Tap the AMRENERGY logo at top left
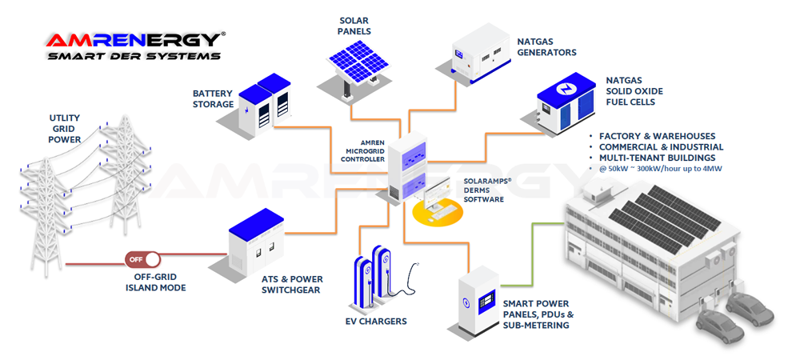[x=133, y=39]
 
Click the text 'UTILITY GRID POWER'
[x=65, y=129]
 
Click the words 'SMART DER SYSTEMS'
[x=133, y=57]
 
